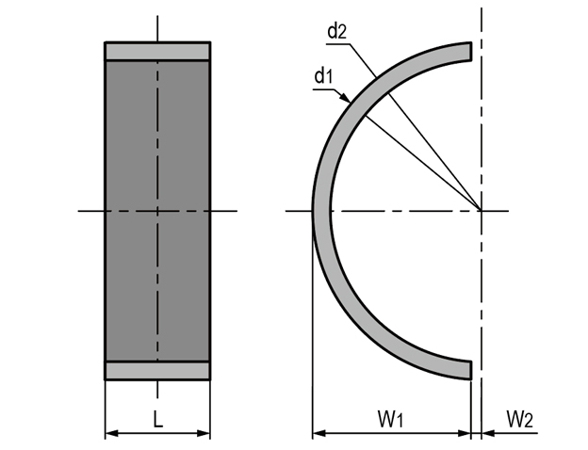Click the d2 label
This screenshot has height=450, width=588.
[x=337, y=31]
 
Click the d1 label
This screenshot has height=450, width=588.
[x=323, y=76]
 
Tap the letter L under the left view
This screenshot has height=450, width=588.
[x=158, y=419]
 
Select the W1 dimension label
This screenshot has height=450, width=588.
[x=390, y=419]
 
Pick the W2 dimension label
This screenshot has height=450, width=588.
[x=520, y=419]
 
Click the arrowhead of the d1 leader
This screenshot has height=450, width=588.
[x=345, y=97]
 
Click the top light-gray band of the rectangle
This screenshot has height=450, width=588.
[x=157, y=52]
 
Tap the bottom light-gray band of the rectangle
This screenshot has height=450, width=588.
[x=157, y=371]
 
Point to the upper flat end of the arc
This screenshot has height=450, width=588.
[x=471, y=51]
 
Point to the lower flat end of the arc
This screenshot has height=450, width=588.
[x=471, y=370]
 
